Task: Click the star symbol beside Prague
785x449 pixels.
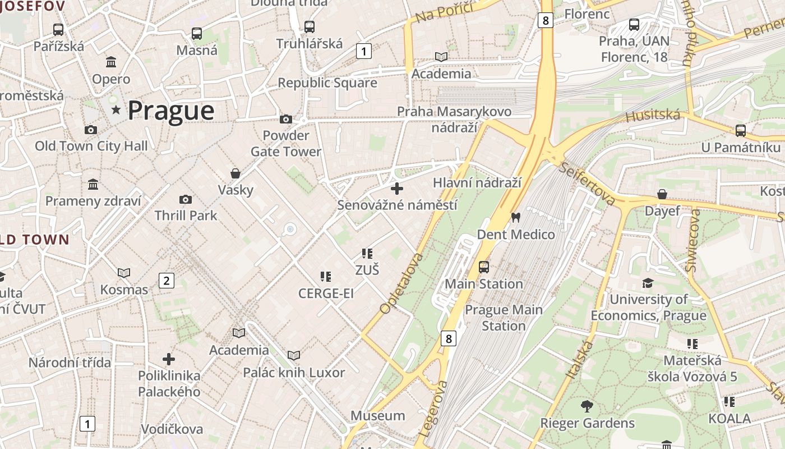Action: pyautogui.click(x=116, y=110)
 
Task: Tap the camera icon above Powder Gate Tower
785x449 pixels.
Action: pyautogui.click(x=286, y=119)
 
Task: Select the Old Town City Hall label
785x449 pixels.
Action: pyautogui.click(x=91, y=146)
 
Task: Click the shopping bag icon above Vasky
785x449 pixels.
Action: pyautogui.click(x=235, y=173)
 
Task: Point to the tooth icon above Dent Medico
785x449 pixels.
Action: pyautogui.click(x=516, y=217)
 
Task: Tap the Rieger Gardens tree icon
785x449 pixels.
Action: pyautogui.click(x=587, y=406)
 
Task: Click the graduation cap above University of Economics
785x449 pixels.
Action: pyautogui.click(x=648, y=283)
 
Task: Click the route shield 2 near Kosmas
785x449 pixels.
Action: pyautogui.click(x=166, y=280)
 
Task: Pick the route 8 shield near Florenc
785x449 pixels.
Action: pyautogui.click(x=545, y=21)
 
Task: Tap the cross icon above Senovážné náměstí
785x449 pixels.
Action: pyautogui.click(x=397, y=189)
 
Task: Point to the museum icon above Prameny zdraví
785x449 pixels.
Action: pyautogui.click(x=93, y=184)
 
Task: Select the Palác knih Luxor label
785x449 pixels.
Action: pyautogui.click(x=294, y=373)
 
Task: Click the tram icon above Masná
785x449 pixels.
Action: pyautogui.click(x=197, y=33)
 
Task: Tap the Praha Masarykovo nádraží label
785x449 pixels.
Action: pyautogui.click(x=454, y=119)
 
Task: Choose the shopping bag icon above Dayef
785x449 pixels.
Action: pyautogui.click(x=662, y=194)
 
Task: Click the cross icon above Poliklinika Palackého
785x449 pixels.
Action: pyautogui.click(x=169, y=359)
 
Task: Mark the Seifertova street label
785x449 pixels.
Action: pyautogui.click(x=587, y=185)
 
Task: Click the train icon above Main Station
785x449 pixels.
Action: pyautogui.click(x=484, y=267)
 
